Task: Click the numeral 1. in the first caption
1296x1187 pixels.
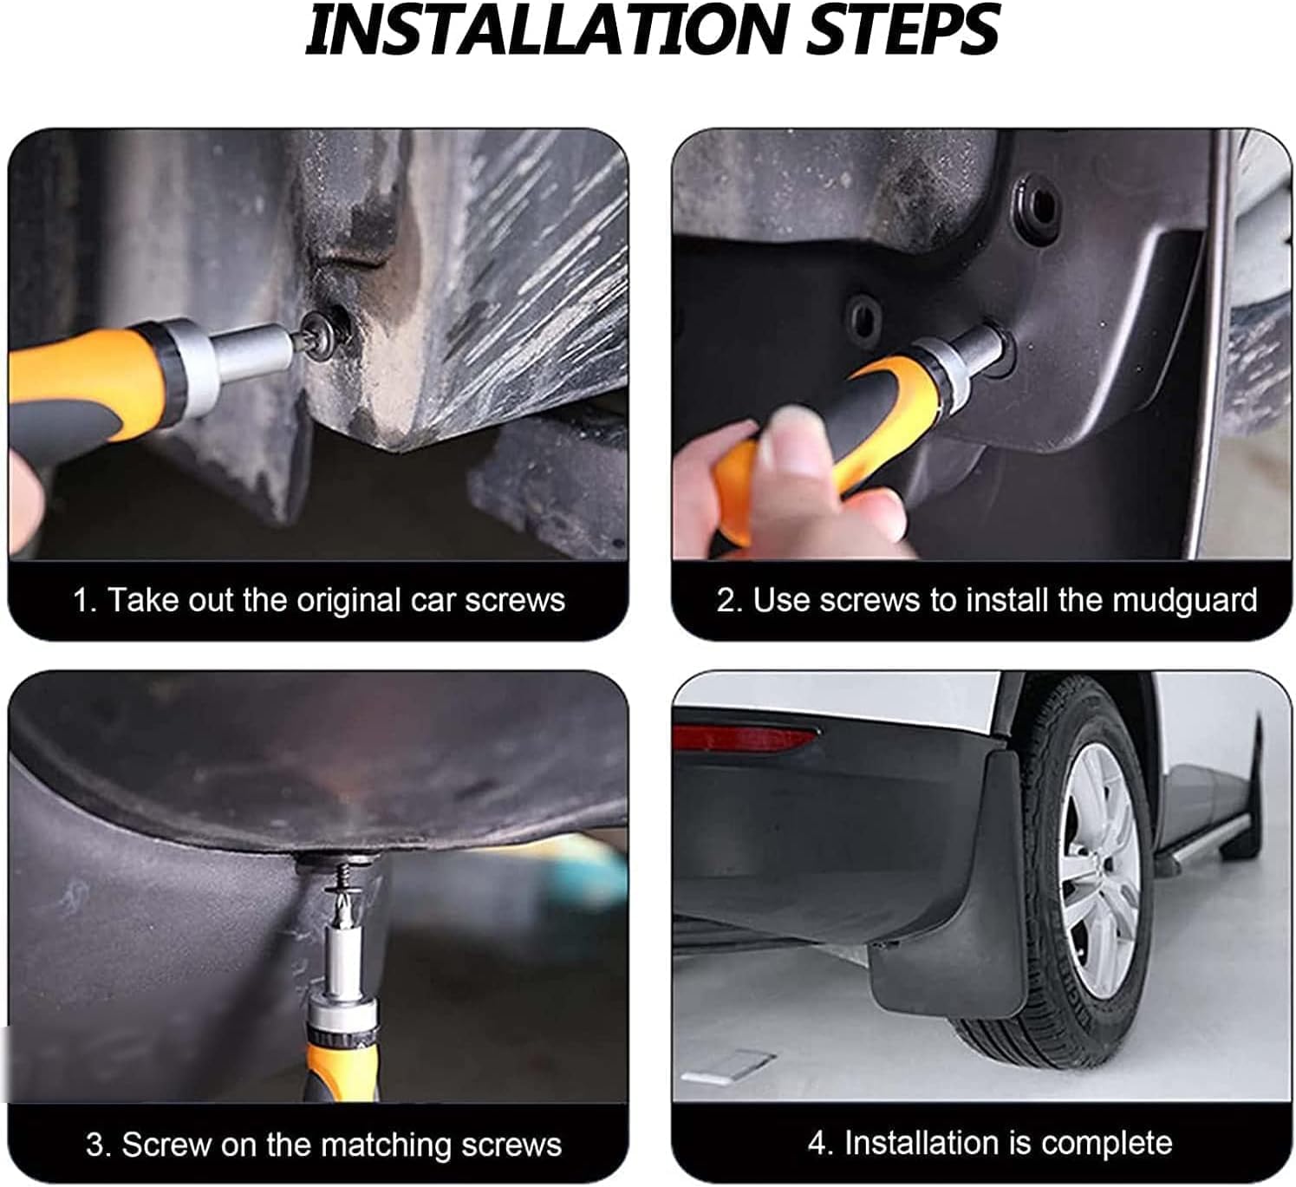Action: (84, 600)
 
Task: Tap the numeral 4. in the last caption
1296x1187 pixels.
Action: (820, 1143)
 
